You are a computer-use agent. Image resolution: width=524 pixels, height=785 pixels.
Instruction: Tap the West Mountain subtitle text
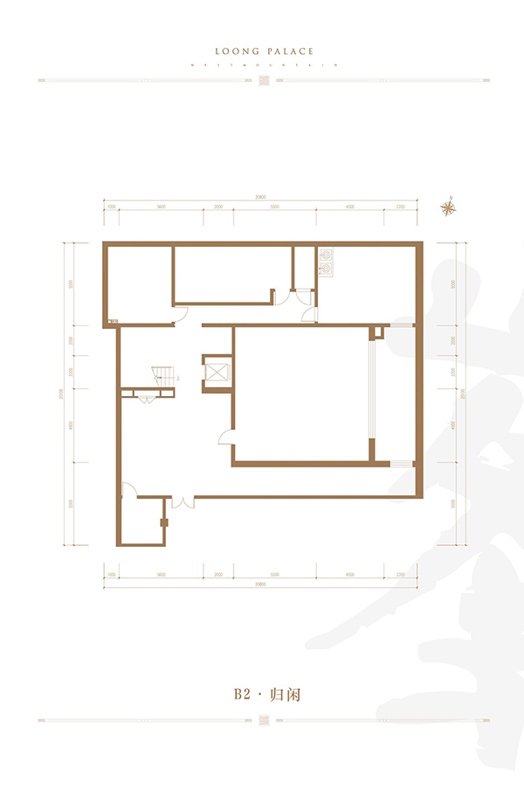(x=262, y=65)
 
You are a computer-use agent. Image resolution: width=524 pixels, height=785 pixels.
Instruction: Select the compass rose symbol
(x=450, y=207)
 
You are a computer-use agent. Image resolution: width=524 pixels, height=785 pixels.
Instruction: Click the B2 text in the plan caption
(x=242, y=695)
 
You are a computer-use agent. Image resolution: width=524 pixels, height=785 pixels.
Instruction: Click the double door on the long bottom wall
(x=183, y=502)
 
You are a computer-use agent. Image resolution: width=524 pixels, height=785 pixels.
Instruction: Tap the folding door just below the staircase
(x=145, y=397)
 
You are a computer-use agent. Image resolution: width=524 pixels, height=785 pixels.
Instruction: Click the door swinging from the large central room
(x=224, y=441)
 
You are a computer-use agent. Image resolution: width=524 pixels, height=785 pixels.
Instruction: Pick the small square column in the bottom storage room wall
(x=163, y=523)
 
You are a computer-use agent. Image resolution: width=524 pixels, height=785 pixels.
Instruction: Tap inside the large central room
(x=301, y=392)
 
